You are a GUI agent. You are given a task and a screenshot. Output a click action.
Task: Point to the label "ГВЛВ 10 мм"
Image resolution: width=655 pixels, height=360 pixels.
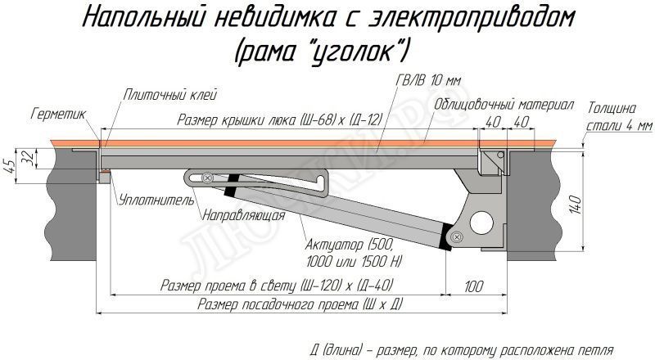coord(427,79)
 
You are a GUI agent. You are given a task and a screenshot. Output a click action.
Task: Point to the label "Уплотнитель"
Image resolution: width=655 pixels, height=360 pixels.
coord(155,199)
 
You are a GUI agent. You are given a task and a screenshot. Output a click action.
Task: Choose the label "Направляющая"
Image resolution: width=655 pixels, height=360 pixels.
coord(242,216)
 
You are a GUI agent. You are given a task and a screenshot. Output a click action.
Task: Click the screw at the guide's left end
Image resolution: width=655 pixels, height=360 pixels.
coord(208,177)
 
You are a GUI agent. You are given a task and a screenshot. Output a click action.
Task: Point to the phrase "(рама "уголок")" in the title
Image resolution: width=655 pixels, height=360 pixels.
coord(322,52)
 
